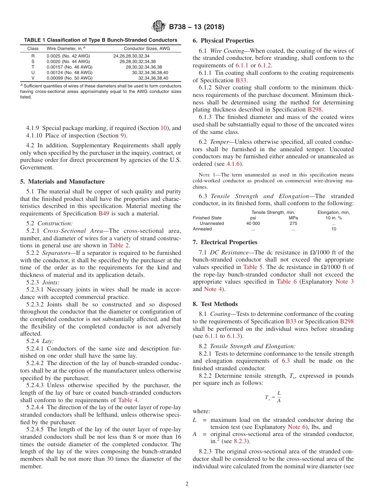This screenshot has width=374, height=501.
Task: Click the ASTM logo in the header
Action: [159, 27]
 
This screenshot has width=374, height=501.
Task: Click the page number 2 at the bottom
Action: [187, 484]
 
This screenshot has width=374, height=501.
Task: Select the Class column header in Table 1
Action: [33, 48]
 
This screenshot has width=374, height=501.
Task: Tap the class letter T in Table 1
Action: [33, 67]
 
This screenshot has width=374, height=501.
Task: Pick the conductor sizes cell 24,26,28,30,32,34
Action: [131, 56]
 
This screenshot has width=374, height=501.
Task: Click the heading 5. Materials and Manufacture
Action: [62, 182]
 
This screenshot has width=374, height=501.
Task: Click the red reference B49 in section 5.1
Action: [103, 213]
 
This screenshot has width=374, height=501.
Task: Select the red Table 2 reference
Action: [119, 245]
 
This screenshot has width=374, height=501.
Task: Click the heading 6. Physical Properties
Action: [223, 41]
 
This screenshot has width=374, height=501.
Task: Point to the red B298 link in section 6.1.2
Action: [315, 109]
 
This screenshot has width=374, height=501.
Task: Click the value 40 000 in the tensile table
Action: [253, 223]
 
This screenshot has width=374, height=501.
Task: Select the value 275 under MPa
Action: [293, 223]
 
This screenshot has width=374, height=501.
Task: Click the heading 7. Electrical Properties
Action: [225, 242]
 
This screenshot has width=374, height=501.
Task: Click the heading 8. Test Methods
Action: [215, 304]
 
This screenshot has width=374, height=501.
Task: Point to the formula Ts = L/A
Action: [273, 397]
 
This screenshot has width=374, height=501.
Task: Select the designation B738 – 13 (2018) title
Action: [196, 27]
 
